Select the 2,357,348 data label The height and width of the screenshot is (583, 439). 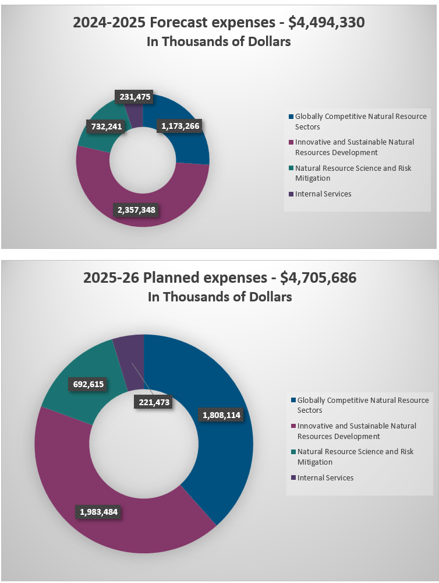tap(136, 209)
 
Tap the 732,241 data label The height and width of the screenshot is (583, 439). tap(105, 127)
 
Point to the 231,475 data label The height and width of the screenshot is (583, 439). tap(134, 97)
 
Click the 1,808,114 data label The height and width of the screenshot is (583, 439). tap(221, 415)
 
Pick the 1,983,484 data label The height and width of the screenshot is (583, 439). tap(98, 511)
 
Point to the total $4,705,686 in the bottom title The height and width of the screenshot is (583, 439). tap(318, 278)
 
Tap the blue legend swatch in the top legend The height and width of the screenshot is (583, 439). tap(291, 117)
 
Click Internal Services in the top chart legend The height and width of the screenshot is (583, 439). tap(323, 194)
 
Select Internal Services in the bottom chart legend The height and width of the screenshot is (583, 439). tap(325, 477)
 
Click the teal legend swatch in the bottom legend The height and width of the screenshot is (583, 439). tap(293, 452)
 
